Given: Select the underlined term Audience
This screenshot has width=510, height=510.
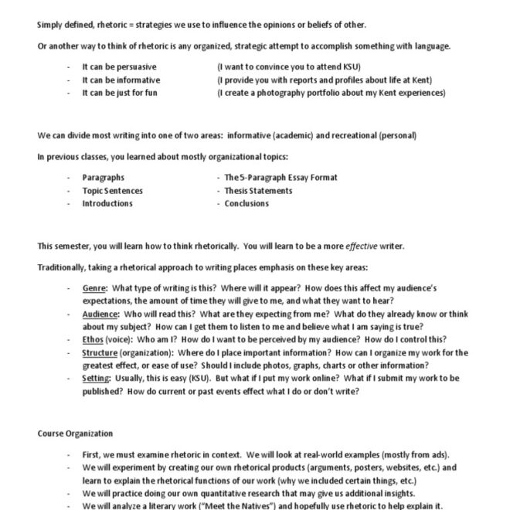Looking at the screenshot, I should pyautogui.click(x=100, y=314).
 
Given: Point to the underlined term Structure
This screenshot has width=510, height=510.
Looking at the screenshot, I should pyautogui.click(x=101, y=352).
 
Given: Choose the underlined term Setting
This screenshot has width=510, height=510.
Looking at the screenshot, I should pyautogui.click(x=97, y=378).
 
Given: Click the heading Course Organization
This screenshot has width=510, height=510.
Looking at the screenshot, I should pyautogui.click(x=75, y=433).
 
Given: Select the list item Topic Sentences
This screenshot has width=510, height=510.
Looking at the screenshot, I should pyautogui.click(x=113, y=190).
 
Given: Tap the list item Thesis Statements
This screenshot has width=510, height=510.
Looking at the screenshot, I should pyautogui.click(x=258, y=190).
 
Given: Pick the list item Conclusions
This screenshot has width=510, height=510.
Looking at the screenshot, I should pyautogui.click(x=246, y=203).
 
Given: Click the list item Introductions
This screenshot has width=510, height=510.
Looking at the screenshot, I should pyautogui.click(x=107, y=203).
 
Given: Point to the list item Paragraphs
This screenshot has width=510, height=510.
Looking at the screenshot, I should pyautogui.click(x=104, y=178).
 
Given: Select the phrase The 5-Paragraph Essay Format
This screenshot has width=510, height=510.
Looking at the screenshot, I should pyautogui.click(x=280, y=178).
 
